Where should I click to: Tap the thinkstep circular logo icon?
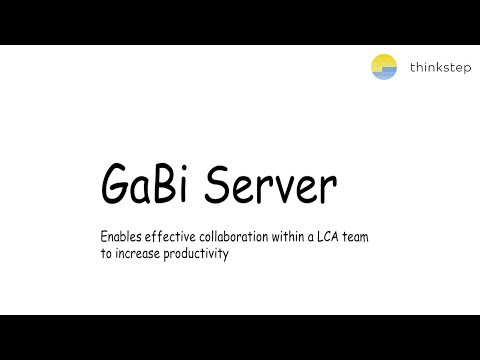[384, 68]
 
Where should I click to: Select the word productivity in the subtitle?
[201, 254]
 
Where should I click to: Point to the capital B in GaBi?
[159, 186]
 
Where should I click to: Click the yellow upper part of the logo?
[384, 62]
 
